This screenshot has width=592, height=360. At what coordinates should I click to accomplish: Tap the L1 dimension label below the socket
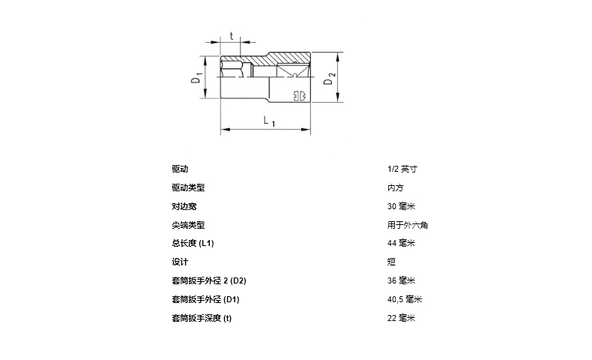click(x=269, y=121)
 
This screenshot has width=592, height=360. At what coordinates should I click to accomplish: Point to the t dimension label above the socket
click(x=232, y=35)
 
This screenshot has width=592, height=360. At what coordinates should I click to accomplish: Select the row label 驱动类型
click(x=188, y=187)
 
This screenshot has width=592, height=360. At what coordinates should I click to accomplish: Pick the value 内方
click(x=396, y=187)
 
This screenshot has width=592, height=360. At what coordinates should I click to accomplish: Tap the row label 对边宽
click(x=184, y=206)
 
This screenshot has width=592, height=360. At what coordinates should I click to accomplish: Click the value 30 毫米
click(x=402, y=206)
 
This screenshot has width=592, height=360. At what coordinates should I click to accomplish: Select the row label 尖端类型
click(x=188, y=224)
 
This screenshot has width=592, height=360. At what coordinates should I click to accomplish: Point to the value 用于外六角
click(x=408, y=224)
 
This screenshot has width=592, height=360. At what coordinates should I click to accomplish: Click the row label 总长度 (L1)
click(x=193, y=243)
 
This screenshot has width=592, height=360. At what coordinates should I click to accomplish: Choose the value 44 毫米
click(x=402, y=243)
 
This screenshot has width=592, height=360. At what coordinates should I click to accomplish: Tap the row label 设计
click(x=180, y=262)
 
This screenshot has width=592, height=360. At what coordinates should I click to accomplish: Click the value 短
click(x=392, y=262)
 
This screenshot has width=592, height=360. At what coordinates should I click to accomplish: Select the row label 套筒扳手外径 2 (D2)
click(x=209, y=280)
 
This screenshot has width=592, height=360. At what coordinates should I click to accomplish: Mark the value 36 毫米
click(x=402, y=280)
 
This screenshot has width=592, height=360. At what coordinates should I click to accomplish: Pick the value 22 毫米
click(x=402, y=318)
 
